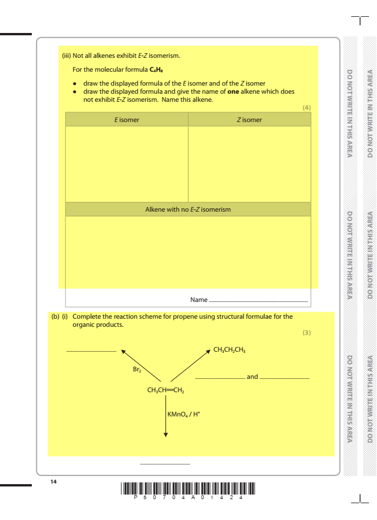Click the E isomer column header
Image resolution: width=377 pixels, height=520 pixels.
(127, 120)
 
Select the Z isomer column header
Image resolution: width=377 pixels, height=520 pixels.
(249, 120)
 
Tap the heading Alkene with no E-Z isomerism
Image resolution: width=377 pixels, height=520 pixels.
(188, 209)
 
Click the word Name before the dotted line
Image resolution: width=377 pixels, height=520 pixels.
(198, 300)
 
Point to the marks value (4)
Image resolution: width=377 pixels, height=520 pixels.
(306, 108)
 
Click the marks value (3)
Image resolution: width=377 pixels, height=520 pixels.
(306, 333)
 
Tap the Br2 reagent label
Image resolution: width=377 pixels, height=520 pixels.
(137, 368)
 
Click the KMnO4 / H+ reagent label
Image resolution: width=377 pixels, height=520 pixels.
(183, 414)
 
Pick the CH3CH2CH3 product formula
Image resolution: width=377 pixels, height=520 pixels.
(230, 350)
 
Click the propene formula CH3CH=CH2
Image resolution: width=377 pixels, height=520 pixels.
(165, 390)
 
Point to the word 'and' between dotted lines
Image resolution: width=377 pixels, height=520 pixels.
(252, 377)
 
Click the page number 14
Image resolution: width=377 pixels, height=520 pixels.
(54, 481)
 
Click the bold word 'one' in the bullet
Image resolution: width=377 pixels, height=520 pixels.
(232, 91)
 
